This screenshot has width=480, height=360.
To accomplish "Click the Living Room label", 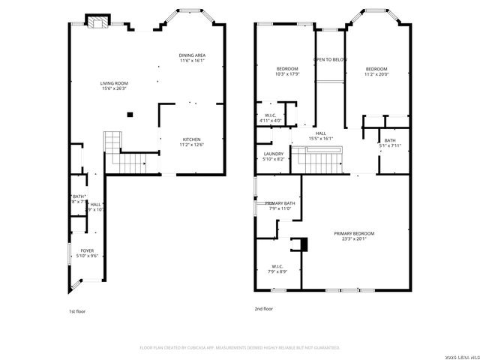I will pos(114,85).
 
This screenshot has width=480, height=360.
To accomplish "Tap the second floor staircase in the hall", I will pos(318,158).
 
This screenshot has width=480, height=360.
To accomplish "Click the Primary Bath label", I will pos(280,206).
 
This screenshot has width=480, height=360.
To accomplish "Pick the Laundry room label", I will pos(274,156).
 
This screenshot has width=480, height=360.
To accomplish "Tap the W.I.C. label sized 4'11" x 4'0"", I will pos(270,118).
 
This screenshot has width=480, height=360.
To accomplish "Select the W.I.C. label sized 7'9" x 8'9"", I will pos(277,268).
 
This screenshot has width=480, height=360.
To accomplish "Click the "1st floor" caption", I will pos(77,310).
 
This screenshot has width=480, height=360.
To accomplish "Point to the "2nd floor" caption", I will pos(263,308).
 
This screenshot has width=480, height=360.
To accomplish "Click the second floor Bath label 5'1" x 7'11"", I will pos(390,143).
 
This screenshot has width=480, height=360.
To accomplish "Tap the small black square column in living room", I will pos(130,115).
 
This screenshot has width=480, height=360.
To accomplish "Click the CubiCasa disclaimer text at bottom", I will pos(240,348).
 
